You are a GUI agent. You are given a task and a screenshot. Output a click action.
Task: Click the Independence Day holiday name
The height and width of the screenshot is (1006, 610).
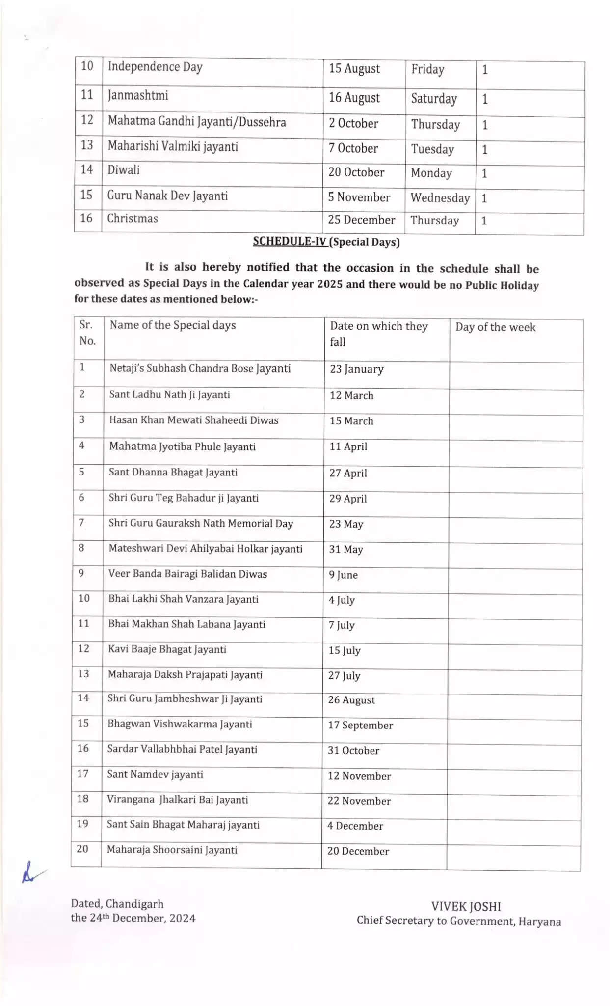pos(155,67)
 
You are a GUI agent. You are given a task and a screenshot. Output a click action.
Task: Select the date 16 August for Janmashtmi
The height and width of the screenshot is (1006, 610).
pos(354,98)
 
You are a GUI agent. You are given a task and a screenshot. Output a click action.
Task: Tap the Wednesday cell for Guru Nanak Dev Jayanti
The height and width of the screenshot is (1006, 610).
pos(440,198)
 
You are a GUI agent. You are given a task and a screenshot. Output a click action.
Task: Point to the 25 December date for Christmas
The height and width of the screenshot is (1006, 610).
pos(361,220)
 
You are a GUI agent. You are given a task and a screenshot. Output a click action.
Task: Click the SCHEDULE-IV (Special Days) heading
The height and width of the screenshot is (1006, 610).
pos(326,242)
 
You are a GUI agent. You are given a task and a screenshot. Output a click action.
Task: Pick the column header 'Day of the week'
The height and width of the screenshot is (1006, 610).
pos(495,327)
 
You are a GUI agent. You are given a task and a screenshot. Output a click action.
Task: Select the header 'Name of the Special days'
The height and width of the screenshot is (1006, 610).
pos(173,325)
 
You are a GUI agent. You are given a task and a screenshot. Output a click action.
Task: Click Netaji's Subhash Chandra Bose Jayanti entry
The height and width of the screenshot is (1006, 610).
pos(200,368)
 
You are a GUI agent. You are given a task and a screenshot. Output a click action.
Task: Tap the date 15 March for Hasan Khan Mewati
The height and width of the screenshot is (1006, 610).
pos(351,421)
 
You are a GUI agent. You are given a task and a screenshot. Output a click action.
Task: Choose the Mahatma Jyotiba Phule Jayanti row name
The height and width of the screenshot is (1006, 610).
pos(182,447)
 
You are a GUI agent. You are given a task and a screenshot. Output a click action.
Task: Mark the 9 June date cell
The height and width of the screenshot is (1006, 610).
pos(343,575)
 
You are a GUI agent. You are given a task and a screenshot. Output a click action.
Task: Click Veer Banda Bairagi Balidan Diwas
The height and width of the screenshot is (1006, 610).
pos(187,574)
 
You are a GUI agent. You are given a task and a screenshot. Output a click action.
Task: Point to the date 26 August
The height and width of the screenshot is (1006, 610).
pos(351,700)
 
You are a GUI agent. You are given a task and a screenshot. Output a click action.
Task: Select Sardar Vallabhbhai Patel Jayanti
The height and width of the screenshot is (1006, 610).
pos(182,749)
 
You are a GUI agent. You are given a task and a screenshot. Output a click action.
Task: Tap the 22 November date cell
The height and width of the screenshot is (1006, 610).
pos(359,801)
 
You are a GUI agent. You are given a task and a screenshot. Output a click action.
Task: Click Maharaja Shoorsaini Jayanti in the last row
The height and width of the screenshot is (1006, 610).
pos(172,850)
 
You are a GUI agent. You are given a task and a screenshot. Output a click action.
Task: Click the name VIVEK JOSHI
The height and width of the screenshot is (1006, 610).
pos(466,907)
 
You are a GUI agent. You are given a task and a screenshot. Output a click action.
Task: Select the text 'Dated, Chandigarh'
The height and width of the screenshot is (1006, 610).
pos(117,904)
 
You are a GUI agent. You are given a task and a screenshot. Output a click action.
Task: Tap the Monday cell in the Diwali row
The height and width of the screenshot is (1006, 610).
pos(431,173)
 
